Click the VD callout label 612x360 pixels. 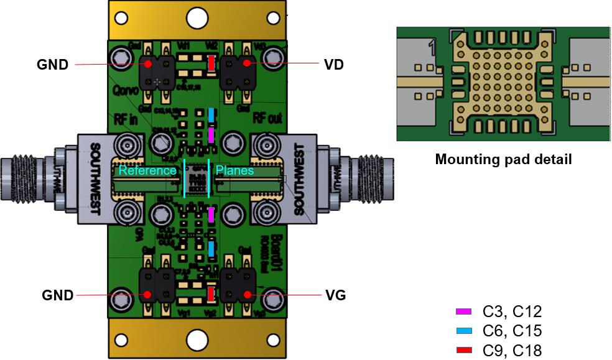click(x=334, y=64)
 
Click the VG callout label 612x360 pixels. click(x=335, y=295)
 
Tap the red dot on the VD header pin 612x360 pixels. click(x=247, y=63)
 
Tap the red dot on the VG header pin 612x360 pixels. click(x=247, y=295)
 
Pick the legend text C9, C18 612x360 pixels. click(x=512, y=351)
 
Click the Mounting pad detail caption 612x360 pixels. click(x=503, y=159)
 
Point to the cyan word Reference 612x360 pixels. click(x=148, y=170)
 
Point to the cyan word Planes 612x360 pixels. click(x=235, y=170)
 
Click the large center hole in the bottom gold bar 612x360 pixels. click(x=197, y=341)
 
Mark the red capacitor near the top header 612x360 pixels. click(x=211, y=63)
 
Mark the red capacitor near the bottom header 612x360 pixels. click(x=211, y=293)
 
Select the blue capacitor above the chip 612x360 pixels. click(x=211, y=115)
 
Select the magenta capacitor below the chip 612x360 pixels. click(x=211, y=215)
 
